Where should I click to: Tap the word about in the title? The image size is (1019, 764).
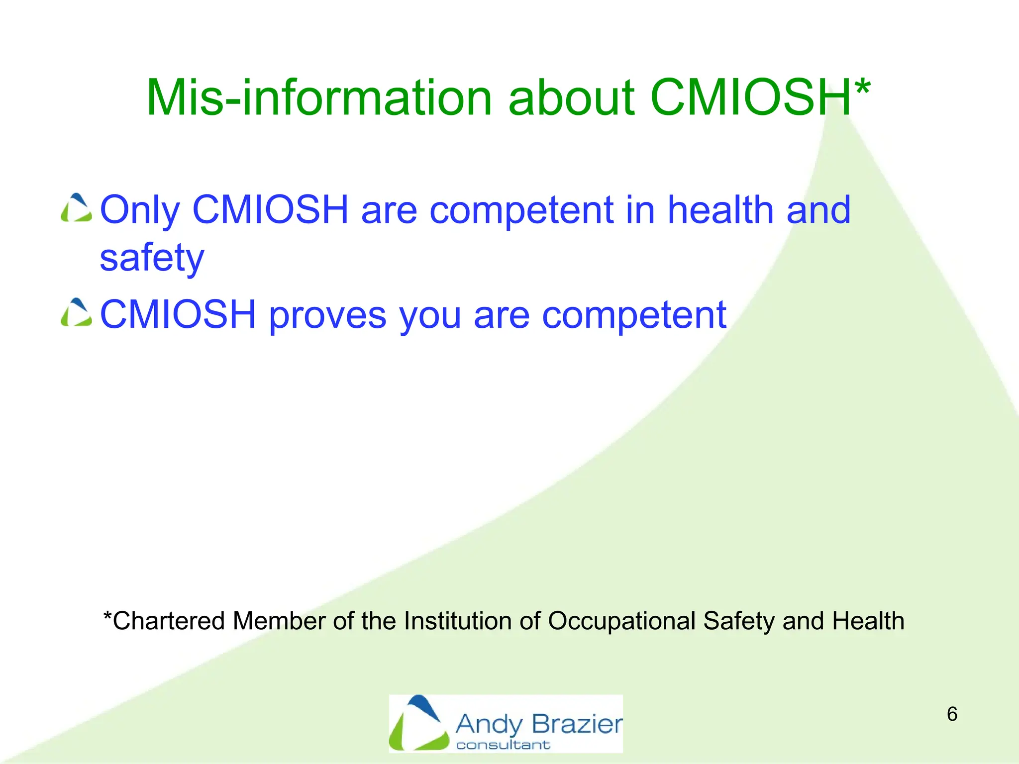point(571,98)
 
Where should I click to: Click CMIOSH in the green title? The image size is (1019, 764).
point(750,98)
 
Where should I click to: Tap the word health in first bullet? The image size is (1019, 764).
point(720,210)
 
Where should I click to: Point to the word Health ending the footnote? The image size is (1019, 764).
point(868,621)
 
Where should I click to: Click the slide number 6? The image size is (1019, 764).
point(952,714)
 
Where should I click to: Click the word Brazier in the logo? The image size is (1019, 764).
point(577,724)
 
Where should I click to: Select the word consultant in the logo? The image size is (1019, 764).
point(503,745)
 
